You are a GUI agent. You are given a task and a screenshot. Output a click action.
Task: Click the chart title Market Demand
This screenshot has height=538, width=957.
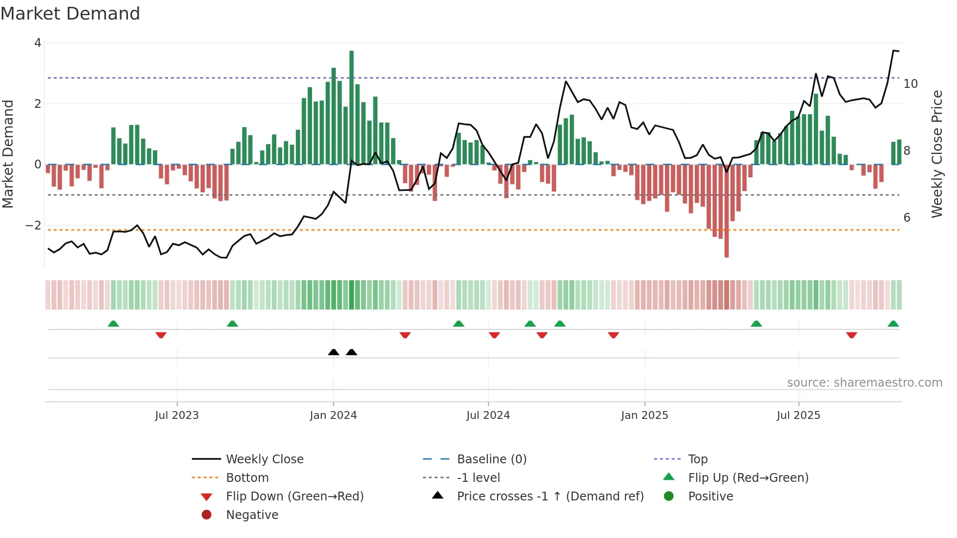(70, 14)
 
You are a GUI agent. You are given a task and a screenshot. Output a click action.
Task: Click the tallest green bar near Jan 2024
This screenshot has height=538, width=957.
(352, 107)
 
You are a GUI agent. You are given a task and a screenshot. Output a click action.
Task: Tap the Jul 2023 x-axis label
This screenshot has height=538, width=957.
(177, 415)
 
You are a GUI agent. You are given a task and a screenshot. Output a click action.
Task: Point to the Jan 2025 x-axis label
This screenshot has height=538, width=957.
(645, 415)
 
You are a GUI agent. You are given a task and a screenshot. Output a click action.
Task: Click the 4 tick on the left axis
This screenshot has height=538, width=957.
(38, 43)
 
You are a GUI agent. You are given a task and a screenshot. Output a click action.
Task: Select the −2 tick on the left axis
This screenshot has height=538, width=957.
(33, 226)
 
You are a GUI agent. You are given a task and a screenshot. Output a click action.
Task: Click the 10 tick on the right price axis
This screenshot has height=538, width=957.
(911, 84)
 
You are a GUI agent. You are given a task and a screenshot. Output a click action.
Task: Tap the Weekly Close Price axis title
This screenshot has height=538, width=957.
(936, 154)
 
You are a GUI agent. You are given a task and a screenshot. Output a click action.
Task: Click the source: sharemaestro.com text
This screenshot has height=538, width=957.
(864, 383)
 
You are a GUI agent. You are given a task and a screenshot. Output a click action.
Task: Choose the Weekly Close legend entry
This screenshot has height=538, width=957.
(264, 459)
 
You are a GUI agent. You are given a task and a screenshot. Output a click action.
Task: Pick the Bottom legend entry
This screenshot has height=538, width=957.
(247, 478)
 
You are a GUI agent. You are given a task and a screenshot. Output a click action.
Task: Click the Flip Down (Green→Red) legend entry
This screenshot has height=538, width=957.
(294, 497)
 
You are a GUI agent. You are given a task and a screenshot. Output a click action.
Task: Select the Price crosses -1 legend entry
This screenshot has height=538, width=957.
(550, 497)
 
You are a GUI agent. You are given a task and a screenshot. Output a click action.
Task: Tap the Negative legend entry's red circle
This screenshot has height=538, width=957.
(207, 515)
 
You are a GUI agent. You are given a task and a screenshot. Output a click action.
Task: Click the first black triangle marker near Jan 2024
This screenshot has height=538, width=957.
(333, 352)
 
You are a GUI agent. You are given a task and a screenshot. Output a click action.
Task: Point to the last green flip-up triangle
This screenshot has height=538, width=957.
(893, 324)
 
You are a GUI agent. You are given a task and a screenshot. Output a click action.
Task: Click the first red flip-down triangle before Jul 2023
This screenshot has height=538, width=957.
(161, 335)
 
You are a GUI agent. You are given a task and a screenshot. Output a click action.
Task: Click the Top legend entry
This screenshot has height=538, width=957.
(697, 459)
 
